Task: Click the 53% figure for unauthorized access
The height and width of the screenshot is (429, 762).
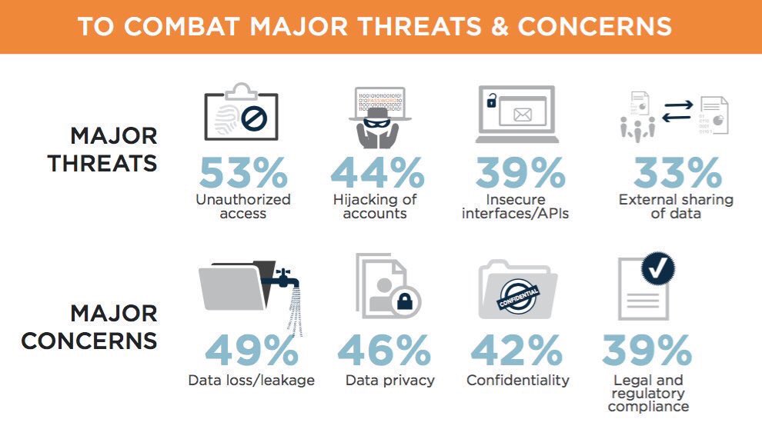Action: point(243,173)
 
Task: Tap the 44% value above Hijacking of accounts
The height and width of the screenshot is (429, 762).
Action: point(378,173)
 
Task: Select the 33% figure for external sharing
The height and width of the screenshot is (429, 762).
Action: point(677,173)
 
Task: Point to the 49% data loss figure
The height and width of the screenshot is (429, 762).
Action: point(252,350)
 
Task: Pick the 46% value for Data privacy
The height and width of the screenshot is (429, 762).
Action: point(384,350)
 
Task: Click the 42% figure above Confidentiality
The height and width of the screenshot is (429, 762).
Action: point(516,350)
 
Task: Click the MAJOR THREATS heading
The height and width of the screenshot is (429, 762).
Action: point(103,149)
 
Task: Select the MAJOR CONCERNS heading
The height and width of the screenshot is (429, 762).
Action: point(90,327)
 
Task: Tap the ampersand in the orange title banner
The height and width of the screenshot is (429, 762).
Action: point(499,26)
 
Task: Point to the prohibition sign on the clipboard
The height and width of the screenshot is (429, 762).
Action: point(254,118)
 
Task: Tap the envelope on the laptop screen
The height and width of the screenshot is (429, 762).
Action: point(523,115)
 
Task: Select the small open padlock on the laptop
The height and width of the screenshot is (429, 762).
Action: point(492,101)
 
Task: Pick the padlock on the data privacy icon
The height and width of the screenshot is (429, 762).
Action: point(404,301)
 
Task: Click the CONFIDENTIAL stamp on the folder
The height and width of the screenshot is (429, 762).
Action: point(519,297)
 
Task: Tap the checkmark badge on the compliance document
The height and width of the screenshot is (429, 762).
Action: point(658,268)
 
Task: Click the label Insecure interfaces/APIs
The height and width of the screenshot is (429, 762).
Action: point(515,206)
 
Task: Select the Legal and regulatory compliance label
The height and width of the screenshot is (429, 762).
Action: point(648,393)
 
